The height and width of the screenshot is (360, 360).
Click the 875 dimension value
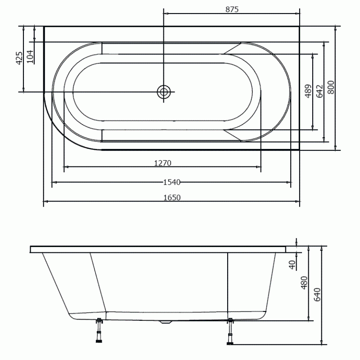(232, 9)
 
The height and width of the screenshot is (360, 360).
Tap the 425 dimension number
(19, 58)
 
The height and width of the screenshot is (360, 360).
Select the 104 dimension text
(30, 57)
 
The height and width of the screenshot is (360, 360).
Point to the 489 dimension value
(308, 91)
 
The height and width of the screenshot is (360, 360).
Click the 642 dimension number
(319, 91)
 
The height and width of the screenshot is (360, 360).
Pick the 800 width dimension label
(331, 87)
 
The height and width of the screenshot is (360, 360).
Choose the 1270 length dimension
(162, 163)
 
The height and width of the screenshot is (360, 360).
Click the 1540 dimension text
(172, 182)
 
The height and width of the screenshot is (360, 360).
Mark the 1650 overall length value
(172, 198)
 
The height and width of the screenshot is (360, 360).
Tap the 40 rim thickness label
(292, 265)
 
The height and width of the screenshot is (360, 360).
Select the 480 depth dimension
(304, 283)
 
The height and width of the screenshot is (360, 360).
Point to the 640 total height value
(317, 295)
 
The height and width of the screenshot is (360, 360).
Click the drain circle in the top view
(164, 92)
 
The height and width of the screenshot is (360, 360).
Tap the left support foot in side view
(99, 330)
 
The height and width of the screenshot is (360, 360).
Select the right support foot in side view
(230, 332)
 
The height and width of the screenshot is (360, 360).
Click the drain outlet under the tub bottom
(166, 322)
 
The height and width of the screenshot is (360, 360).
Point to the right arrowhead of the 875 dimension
(297, 13)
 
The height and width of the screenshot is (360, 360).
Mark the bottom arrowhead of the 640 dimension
(322, 342)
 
